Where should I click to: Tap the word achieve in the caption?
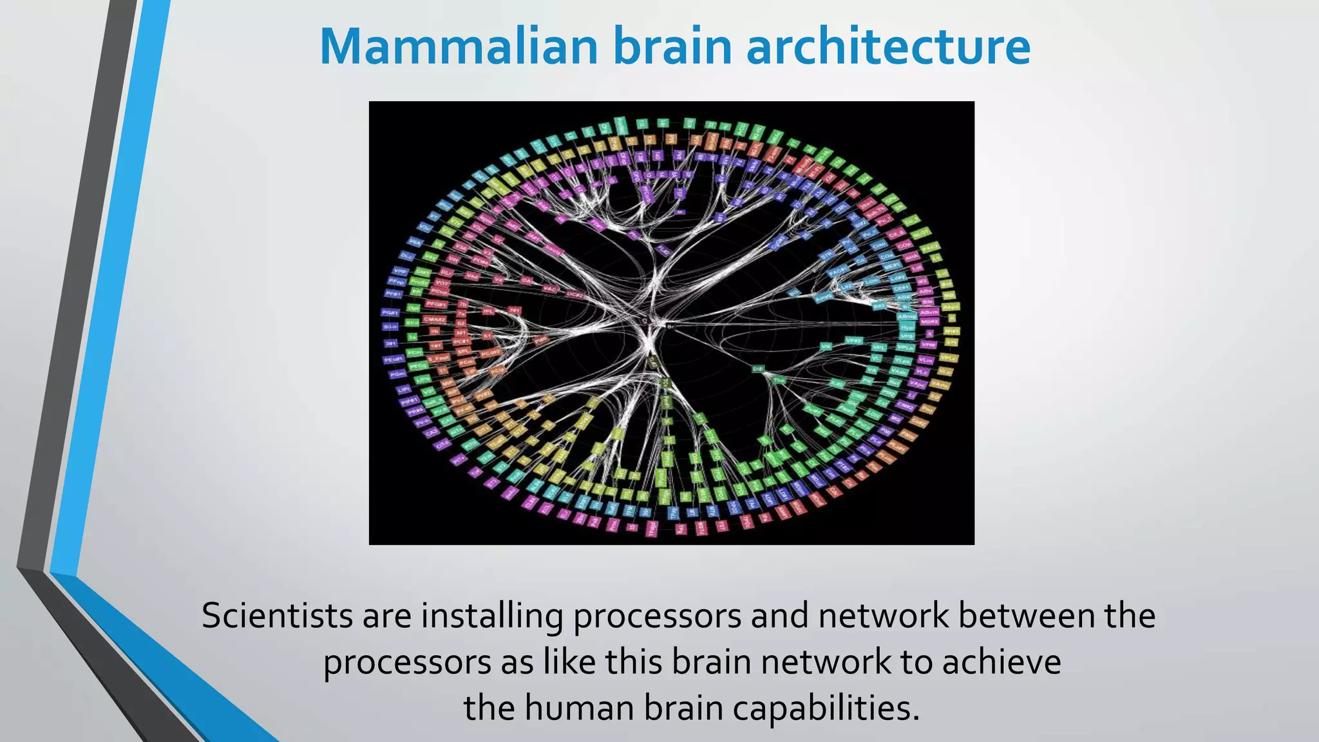pos(1001,662)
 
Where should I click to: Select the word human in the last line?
pos(578,708)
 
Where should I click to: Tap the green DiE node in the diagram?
pos(757,369)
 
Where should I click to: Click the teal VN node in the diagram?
pos(826,347)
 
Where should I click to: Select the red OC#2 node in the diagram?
pos(575,294)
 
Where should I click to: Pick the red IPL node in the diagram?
pos(489,310)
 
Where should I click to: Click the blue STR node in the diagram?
pos(826,256)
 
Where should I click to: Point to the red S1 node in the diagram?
pos(488,336)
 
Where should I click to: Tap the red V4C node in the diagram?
pos(549,289)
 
